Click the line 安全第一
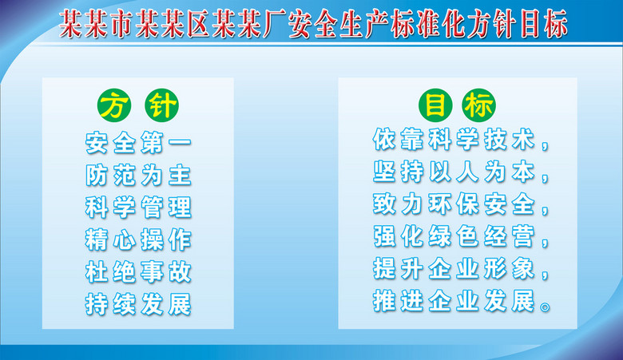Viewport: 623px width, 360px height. pos(138,143)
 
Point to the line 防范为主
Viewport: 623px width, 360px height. pos(138,175)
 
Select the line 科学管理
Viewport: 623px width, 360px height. pos(138,207)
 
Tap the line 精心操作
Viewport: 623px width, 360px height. pos(138,239)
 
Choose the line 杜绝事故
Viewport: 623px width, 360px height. pos(138,271)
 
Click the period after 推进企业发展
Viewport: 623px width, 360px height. pos(545,307)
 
